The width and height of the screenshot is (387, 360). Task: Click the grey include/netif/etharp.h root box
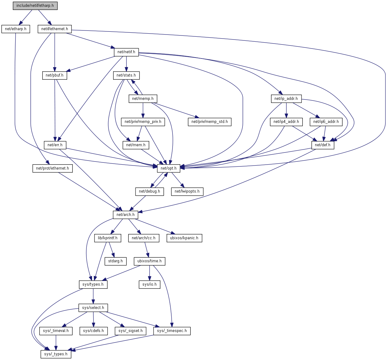coord(35,6)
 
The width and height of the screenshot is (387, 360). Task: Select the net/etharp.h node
coord(16,29)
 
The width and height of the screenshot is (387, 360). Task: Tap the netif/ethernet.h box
coord(55,29)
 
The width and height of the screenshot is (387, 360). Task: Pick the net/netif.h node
coord(126,52)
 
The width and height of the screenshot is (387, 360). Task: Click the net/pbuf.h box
coord(54,75)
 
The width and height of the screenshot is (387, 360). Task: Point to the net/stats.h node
coord(126,75)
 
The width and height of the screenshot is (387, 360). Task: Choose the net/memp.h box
coord(143,99)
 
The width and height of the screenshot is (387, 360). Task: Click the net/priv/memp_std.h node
coord(210,122)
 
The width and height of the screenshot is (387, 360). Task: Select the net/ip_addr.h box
coord(286,99)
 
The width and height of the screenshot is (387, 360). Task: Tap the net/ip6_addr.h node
coord(326,122)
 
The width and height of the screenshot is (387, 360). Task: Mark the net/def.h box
coord(322,145)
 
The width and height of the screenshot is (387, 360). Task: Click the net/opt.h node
coord(168,168)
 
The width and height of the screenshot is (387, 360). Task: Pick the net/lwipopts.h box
coord(187,191)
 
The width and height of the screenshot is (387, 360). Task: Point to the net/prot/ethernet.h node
coord(53,168)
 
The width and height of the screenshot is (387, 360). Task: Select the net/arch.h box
coord(125,215)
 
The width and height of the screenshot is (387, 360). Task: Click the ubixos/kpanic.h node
coord(184,238)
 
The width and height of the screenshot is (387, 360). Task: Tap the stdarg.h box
coord(115,261)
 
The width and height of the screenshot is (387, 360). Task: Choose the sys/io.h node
coord(150,284)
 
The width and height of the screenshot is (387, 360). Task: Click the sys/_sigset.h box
coord(131,331)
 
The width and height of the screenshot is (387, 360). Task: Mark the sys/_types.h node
coord(56,354)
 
